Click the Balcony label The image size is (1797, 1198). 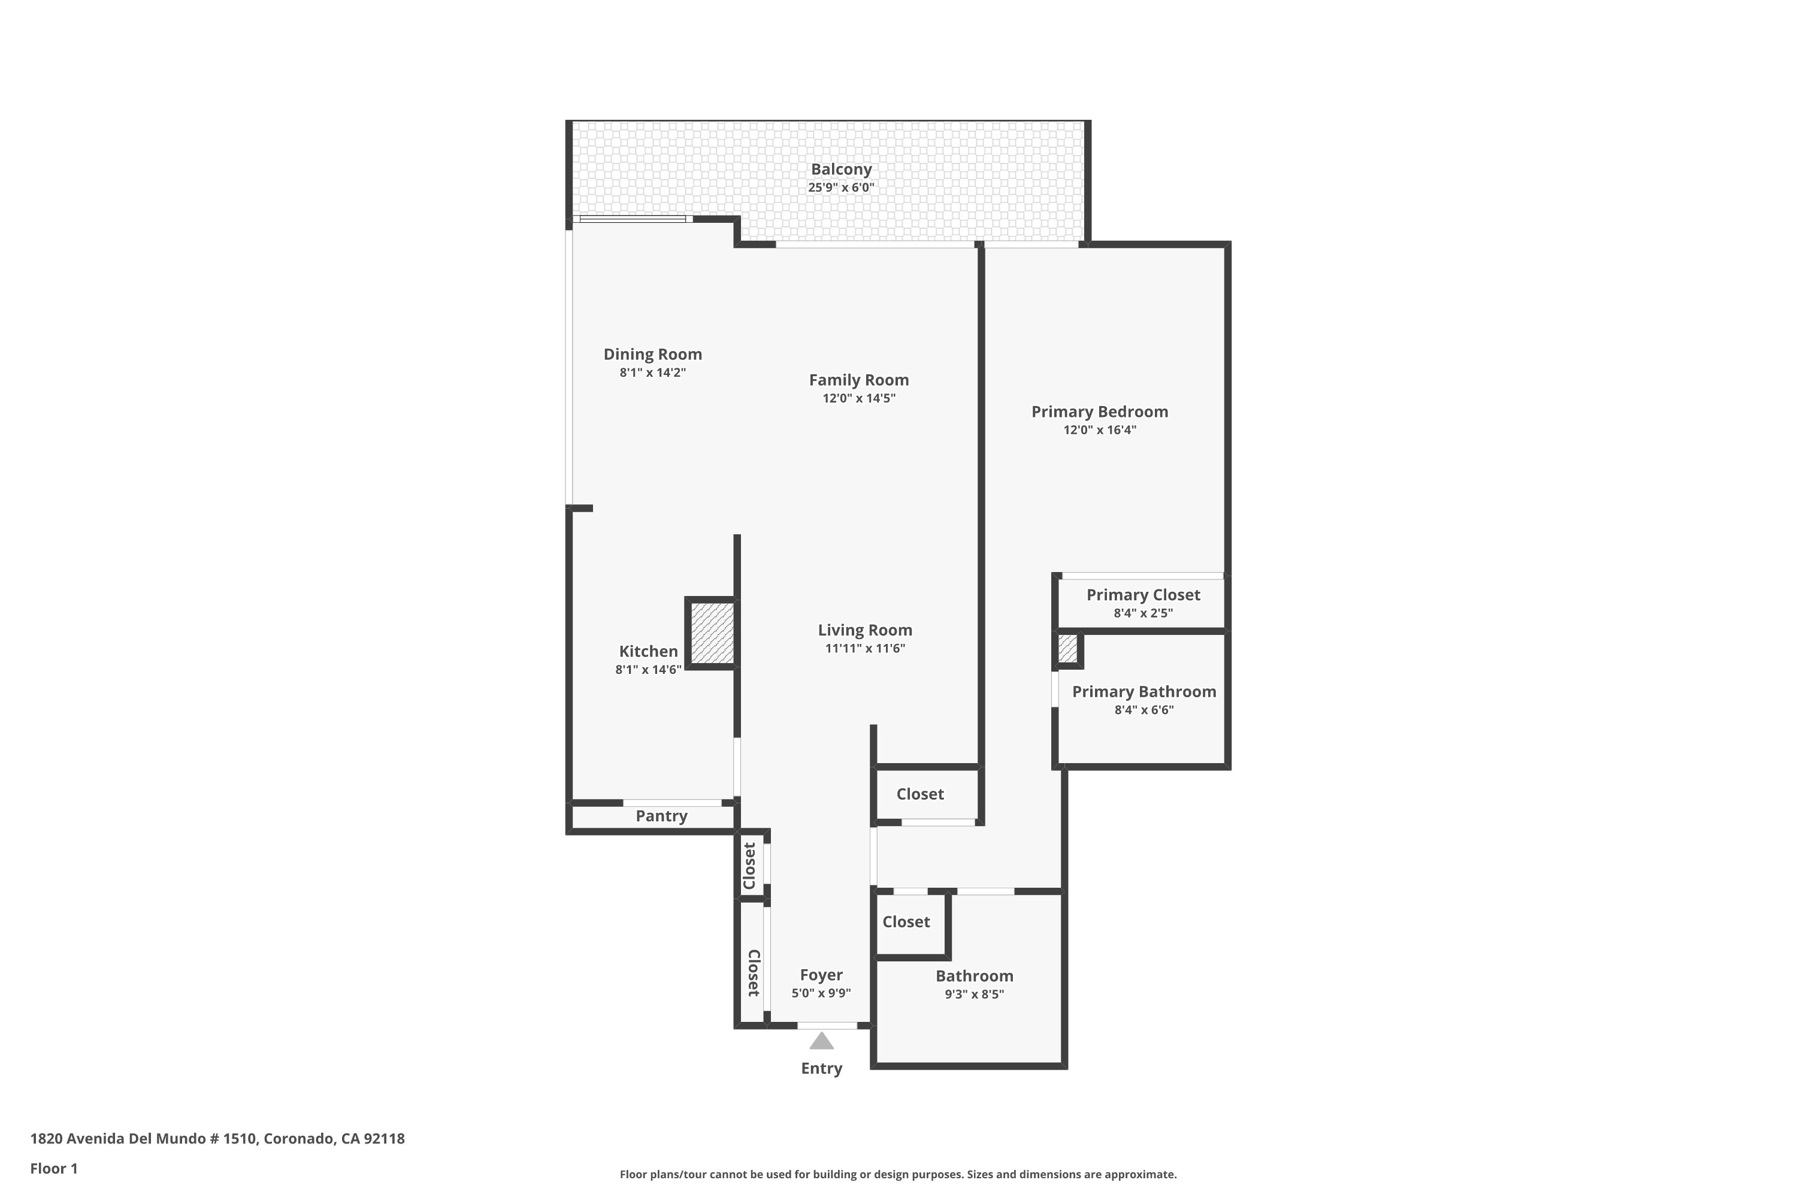[840, 169]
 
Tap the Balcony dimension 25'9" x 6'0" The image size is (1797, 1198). [840, 187]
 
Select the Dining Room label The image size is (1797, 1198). [652, 354]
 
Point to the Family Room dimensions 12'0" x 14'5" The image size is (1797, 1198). [859, 398]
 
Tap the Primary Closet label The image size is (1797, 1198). [1143, 594]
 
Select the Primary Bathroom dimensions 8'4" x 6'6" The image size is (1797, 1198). [1143, 710]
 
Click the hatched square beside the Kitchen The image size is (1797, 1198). [712, 633]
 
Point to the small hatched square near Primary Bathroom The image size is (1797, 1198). [1067, 649]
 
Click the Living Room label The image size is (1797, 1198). [865, 630]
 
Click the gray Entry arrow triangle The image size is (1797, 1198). [821, 1042]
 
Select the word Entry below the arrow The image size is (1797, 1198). [821, 1069]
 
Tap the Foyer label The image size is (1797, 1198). [821, 975]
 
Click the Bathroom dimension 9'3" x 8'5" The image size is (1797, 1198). [974, 994]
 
